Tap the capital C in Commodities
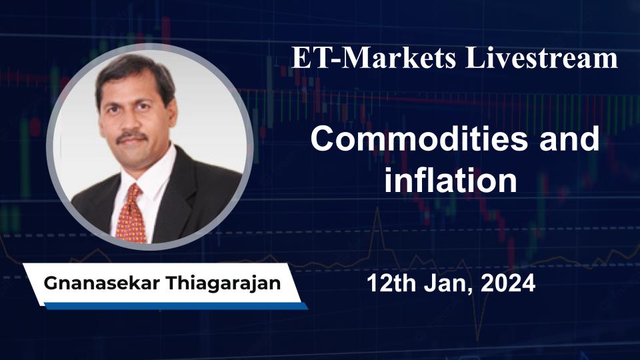pos(322,141)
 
